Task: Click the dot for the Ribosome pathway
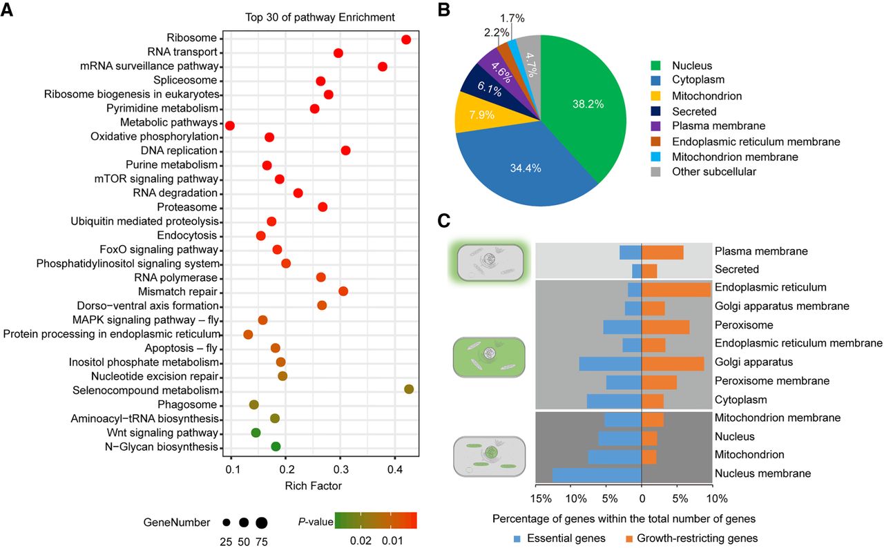click(406, 39)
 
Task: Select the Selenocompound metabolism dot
click(409, 390)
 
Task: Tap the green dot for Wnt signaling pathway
click(256, 433)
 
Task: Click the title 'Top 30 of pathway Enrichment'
click(320, 17)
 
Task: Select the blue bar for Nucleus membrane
click(597, 474)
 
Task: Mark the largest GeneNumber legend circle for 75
click(262, 522)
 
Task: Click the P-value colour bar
click(375, 520)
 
